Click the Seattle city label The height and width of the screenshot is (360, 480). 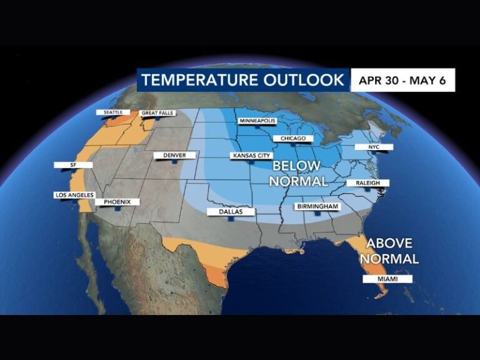112,112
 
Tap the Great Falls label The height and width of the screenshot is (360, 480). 157,113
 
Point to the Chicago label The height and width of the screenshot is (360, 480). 293,138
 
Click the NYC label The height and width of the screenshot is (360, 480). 374,147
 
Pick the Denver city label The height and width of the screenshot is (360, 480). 174,155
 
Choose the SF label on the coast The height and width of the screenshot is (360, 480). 73,165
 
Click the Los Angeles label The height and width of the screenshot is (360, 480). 74,196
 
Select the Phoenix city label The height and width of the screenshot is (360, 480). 117,202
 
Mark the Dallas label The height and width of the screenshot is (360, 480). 231,211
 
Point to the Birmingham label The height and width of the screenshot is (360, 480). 318,206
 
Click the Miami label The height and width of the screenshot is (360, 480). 387,279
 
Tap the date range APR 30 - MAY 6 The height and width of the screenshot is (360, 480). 402,81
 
